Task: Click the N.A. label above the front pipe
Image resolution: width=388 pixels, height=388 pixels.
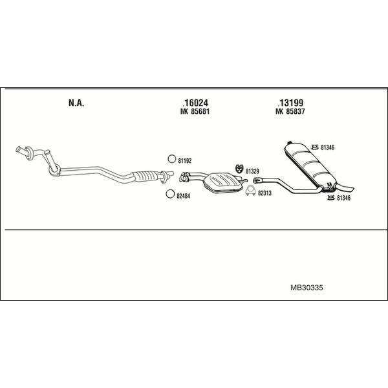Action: [76, 103]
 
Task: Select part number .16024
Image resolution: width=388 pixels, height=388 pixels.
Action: [195, 103]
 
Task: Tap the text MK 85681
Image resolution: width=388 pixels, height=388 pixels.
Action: [195, 112]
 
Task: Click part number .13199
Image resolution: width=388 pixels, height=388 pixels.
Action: [290, 103]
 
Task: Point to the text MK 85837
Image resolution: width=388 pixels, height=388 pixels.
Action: [290, 112]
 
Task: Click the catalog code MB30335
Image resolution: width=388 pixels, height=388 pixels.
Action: [307, 288]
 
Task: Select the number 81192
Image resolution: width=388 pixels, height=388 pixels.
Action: [185, 161]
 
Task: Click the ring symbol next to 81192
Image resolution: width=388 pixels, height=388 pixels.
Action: [171, 159]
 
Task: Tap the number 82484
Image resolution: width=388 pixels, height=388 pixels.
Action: [184, 196]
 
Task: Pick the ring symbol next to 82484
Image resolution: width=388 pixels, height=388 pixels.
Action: [170, 194]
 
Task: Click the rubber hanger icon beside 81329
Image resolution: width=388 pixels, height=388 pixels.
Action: [239, 169]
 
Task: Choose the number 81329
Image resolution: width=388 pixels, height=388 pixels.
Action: [252, 171]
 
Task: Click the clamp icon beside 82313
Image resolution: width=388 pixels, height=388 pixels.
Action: [251, 191]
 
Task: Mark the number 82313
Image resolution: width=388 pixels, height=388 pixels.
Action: [264, 193]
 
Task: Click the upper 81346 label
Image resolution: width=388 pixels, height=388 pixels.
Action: [327, 147]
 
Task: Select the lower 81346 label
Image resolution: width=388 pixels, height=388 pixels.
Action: [344, 198]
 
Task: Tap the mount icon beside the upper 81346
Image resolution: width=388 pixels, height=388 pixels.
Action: [314, 147]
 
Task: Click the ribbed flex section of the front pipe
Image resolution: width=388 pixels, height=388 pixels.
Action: [145, 176]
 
